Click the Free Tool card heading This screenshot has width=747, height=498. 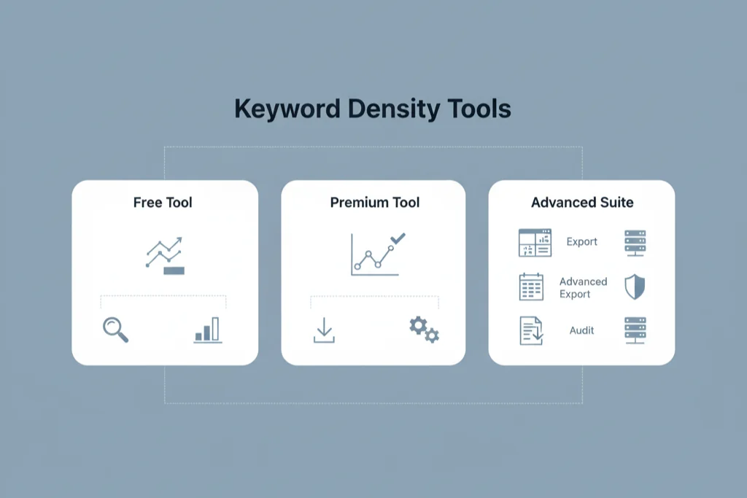click(163, 202)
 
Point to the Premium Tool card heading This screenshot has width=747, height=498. click(375, 202)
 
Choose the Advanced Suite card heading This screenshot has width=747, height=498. click(582, 202)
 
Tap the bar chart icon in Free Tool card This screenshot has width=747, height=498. click(208, 330)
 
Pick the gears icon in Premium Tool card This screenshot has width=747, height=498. click(424, 330)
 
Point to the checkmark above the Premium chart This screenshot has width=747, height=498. click(398, 238)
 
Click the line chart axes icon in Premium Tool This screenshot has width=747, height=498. click(373, 255)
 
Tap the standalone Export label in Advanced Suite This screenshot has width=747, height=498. click(582, 242)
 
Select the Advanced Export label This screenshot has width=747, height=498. click(583, 288)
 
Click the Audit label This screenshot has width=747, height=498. click(582, 330)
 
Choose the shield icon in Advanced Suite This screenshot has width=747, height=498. click(635, 287)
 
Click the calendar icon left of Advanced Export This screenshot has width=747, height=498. click(531, 287)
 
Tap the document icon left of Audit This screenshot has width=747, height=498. click(531, 330)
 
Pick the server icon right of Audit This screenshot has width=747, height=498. click(635, 330)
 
